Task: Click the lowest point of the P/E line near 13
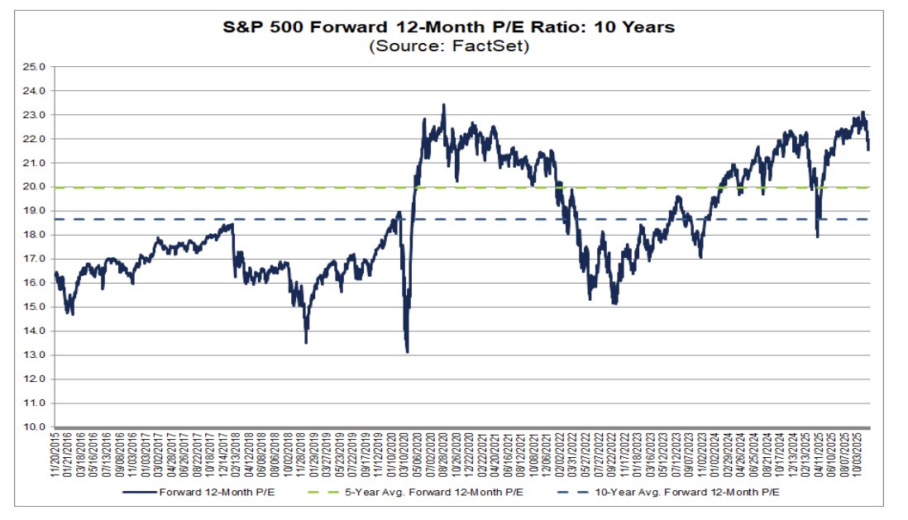[407, 352]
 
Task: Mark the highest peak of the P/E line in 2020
[444, 105]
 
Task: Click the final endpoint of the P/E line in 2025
[868, 150]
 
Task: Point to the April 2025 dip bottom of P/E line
[818, 237]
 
